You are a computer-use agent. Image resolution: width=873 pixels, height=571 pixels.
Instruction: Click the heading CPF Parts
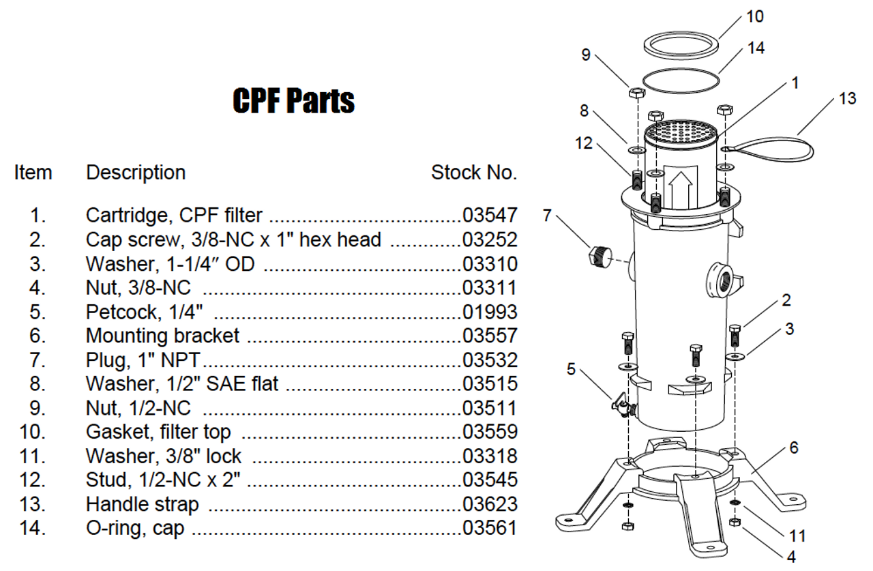pos(293,101)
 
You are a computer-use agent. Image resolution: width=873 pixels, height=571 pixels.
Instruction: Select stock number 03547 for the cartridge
pos(490,216)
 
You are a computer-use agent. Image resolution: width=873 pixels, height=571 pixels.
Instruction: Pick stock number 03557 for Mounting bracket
pos(490,336)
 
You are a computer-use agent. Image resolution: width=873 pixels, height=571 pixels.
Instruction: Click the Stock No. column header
pos(474,173)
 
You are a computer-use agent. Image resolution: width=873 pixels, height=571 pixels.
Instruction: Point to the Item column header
pos(33,173)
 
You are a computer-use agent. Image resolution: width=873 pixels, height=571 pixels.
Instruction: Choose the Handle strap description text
pos(143,504)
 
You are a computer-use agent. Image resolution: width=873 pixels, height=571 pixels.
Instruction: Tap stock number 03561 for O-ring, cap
pos(490,528)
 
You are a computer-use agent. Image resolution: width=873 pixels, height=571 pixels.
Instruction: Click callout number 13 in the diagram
pos(847,99)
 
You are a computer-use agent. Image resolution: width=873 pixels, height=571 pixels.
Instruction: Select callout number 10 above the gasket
pos(755,16)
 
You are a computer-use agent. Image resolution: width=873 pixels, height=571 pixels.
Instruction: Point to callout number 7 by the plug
pos(547,216)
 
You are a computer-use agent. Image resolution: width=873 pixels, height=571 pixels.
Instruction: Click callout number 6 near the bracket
pos(793,448)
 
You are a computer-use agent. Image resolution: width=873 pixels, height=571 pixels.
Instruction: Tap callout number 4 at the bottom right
pos(791,556)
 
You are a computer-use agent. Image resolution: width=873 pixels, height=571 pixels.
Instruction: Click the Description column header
pos(136,173)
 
